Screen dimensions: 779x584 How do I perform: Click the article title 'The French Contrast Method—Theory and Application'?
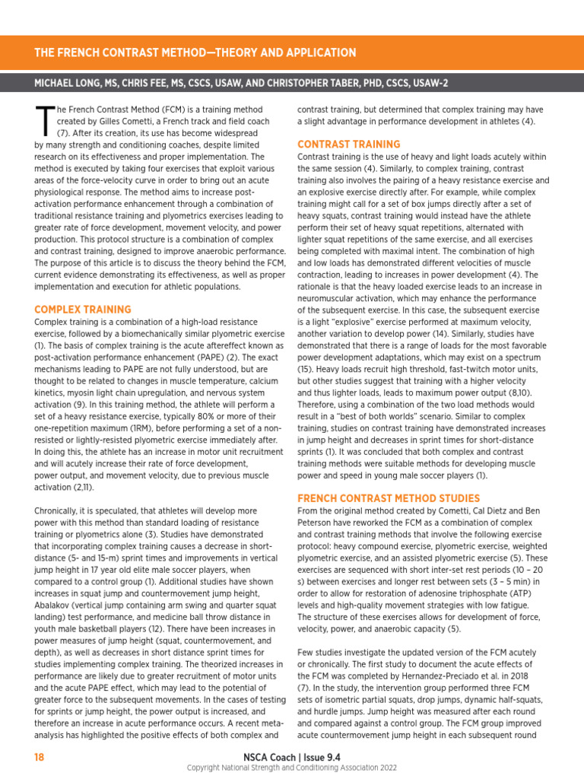click(x=195, y=52)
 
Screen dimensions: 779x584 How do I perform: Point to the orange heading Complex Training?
click(x=83, y=310)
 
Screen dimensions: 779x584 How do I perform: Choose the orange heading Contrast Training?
click(x=348, y=144)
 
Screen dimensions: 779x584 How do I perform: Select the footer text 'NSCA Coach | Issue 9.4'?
click(x=292, y=756)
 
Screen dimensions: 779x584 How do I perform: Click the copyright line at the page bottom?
click(x=292, y=768)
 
